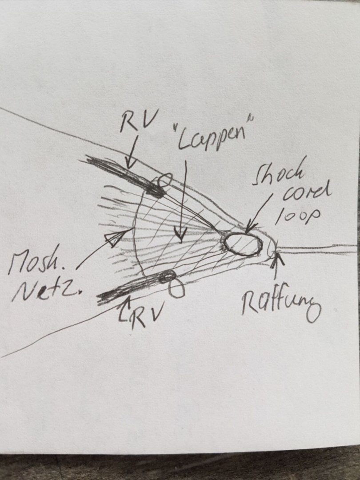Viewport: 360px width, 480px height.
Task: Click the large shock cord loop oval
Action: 242,244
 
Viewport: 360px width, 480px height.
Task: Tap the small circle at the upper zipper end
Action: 164,180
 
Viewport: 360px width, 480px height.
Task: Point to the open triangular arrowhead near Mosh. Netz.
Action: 113,239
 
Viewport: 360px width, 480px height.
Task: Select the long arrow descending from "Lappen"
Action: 183,200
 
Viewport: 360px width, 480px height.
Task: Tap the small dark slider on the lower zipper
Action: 167,276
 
